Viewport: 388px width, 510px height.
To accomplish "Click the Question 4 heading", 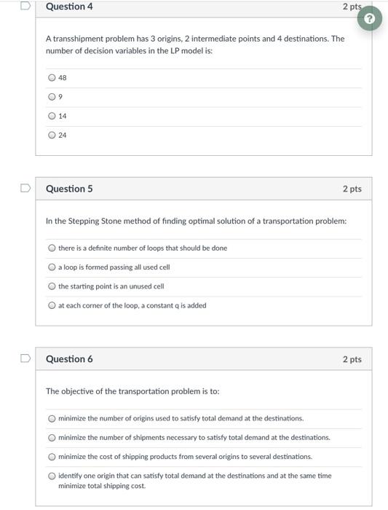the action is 69,7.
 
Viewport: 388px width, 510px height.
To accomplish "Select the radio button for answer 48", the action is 52,78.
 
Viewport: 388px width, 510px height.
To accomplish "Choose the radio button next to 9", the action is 52,97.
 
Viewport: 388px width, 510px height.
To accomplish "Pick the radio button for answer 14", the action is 52,116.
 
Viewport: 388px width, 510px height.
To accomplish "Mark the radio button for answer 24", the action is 52,135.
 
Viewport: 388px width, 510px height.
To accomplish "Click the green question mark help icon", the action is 372,17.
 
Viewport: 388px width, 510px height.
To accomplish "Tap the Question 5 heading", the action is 69,189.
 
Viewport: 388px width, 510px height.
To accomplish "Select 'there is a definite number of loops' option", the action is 52,248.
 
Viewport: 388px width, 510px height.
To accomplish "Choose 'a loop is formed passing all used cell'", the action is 52,267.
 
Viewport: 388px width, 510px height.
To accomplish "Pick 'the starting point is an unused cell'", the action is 52,286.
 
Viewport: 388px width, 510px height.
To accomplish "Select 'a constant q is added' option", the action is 52,305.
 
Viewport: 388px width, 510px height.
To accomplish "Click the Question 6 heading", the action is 69,359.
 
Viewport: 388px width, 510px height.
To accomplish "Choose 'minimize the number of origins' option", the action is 52,419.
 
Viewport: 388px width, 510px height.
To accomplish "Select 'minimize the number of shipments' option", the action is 52,438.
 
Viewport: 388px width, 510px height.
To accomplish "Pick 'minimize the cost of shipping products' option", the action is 52,457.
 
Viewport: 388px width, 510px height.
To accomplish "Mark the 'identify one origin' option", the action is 52,476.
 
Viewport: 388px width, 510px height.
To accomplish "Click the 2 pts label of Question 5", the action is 352,189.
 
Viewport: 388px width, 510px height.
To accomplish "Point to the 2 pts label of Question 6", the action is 352,359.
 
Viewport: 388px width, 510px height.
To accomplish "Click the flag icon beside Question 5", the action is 25,189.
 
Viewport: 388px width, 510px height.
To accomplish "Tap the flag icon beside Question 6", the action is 25,358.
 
